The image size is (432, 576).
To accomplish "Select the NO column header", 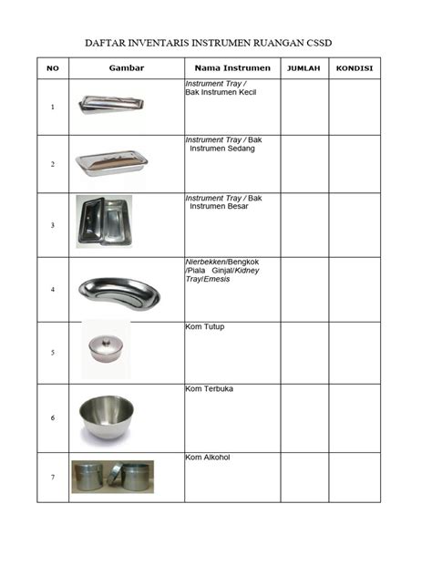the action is [53, 68].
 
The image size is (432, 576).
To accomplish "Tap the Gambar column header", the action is [127, 68].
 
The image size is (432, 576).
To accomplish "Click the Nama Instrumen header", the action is [231, 68].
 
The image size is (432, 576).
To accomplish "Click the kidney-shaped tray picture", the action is [118, 291].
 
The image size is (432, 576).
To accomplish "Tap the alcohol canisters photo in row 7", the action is [113, 477].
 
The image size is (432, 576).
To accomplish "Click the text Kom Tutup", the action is [205, 326].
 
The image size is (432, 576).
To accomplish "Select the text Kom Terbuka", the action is [210, 390].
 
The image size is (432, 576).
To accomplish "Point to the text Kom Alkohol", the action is [210, 458].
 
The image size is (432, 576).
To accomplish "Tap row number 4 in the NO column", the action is [53, 290].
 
